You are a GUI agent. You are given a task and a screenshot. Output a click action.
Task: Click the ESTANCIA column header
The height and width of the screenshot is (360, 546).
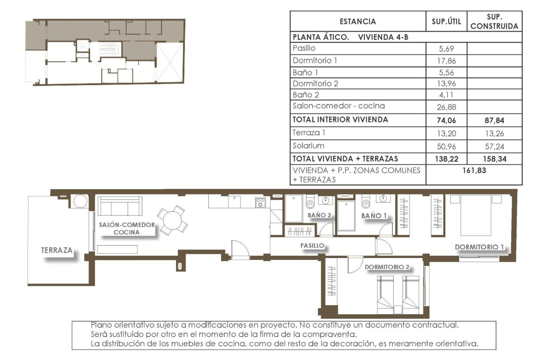pos(358,22)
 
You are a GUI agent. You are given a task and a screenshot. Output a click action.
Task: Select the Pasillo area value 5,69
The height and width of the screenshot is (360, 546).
pos(446,48)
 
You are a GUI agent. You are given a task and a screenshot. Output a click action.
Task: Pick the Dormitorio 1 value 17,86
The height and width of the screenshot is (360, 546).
pos(446,60)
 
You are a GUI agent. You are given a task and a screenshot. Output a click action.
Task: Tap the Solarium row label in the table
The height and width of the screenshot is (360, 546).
pos(308,146)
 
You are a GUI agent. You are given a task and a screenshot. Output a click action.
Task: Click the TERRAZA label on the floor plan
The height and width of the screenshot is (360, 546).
pos(56,250)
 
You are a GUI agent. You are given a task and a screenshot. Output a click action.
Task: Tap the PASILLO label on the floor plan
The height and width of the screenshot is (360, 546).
pos(312,245)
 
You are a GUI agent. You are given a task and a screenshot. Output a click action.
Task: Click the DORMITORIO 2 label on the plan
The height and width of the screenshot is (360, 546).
pos(387,267)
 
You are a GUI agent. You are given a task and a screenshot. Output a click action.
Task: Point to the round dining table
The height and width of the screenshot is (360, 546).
pos(172,220)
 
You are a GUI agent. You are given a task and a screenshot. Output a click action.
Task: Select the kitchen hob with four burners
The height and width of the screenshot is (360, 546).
pos(260,203)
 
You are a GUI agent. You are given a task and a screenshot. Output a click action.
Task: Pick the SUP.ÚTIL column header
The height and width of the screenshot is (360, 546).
pos(446,22)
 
